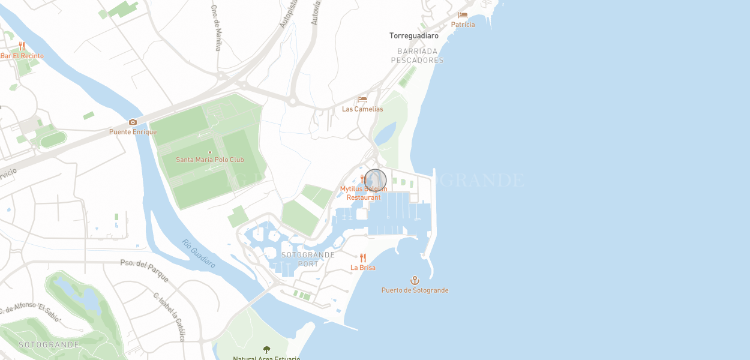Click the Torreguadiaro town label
click(x=414, y=36)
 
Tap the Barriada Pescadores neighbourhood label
click(x=417, y=56)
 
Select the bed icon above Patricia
click(x=463, y=15)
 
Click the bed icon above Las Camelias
click(x=362, y=100)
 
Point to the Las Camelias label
click(x=362, y=109)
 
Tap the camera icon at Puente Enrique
click(x=133, y=122)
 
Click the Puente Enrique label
click(x=133, y=132)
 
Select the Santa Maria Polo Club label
click(x=210, y=160)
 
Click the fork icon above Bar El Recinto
click(x=22, y=46)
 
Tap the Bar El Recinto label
click(x=22, y=56)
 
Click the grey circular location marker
click(x=376, y=181)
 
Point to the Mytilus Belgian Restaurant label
click(x=364, y=193)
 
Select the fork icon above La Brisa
click(x=363, y=258)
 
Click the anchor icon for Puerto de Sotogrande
click(x=415, y=280)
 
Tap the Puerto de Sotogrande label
click(x=415, y=290)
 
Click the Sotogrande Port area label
click(x=308, y=259)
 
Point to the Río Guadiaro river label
click(x=199, y=253)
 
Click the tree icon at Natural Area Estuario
click(x=266, y=349)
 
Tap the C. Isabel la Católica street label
click(x=169, y=316)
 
